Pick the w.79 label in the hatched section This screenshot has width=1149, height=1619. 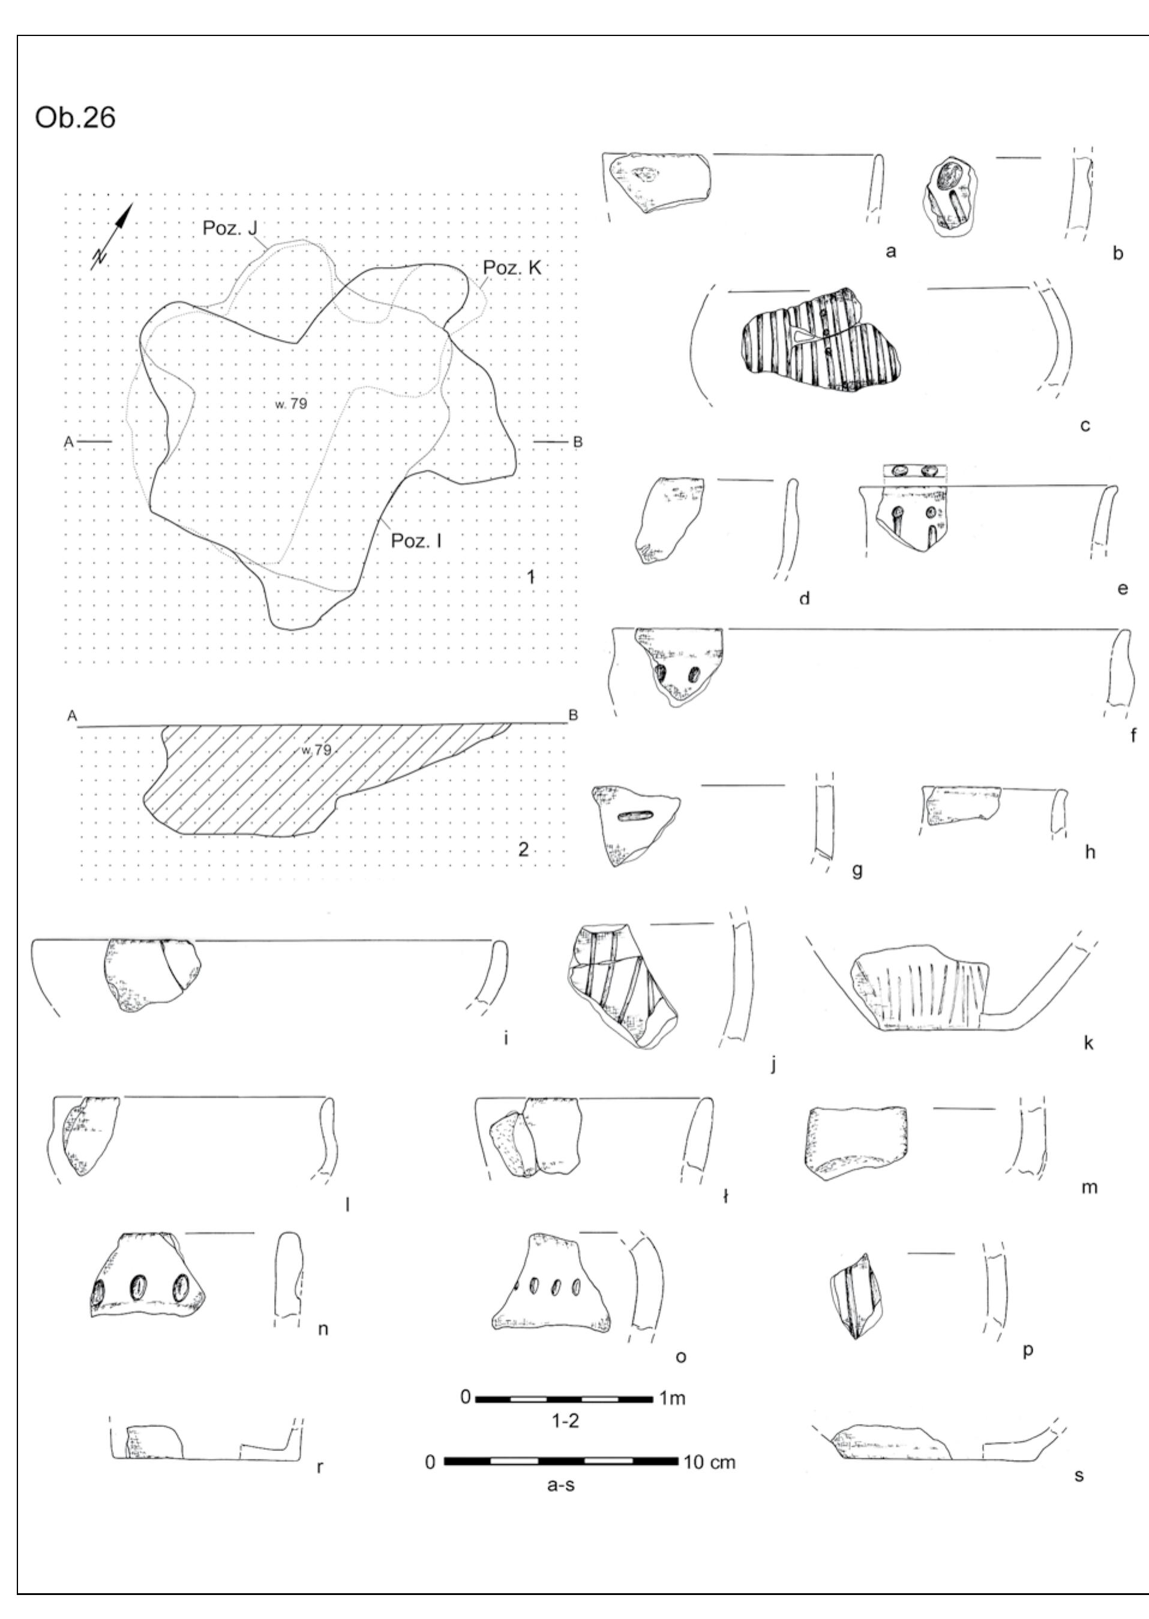coord(315,750)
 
